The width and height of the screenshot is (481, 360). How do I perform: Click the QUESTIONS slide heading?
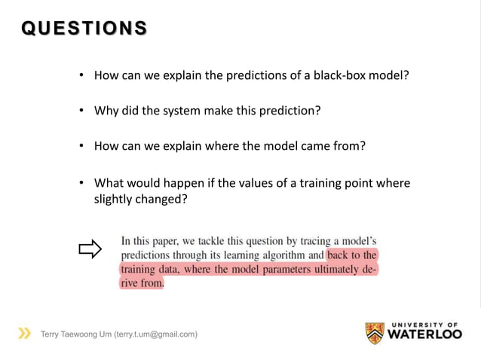[84, 28]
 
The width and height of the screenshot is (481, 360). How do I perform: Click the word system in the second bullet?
[179, 111]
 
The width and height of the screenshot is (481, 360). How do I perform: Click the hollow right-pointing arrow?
[90, 249]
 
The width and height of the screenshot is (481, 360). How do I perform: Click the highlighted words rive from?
[142, 284]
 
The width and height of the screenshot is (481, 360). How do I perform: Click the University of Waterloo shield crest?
[375, 333]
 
